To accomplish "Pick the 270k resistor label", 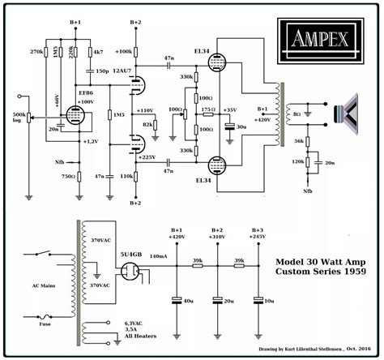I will [35, 51].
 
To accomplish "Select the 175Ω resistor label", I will [207, 108].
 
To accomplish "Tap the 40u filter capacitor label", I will [187, 300].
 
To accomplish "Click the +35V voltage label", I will [230, 109].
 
